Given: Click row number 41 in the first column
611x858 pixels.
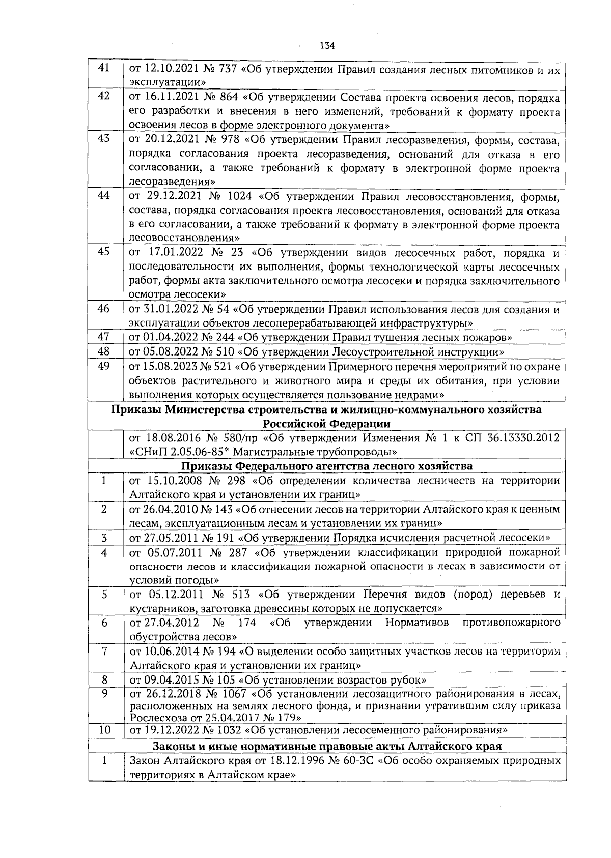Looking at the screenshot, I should [x=104, y=68].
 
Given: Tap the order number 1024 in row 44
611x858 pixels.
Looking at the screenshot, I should [x=238, y=196].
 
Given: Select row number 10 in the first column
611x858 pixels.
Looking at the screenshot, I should [x=104, y=730].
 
